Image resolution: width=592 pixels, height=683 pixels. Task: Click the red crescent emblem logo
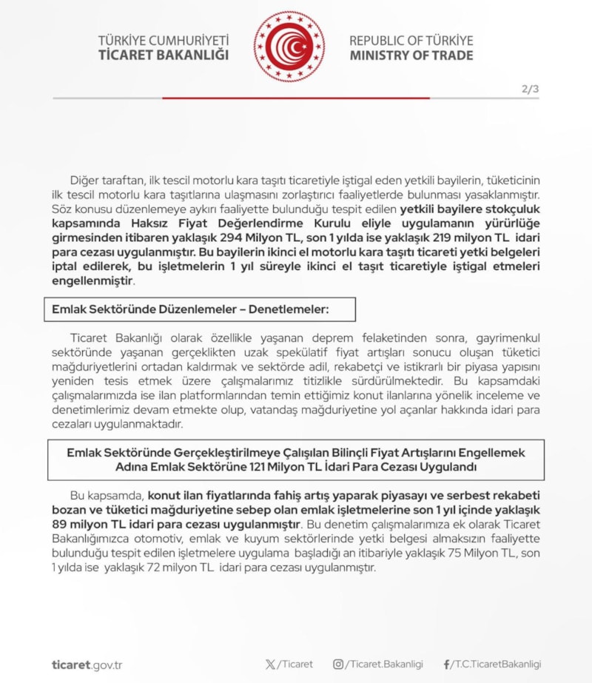click(x=289, y=47)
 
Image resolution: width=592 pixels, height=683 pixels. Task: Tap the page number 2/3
click(x=530, y=89)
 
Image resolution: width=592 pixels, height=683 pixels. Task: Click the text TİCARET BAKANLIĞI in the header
click(x=163, y=55)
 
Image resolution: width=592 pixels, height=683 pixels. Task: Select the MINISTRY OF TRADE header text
click(x=411, y=55)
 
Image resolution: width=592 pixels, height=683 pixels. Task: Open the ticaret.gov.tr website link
click(x=87, y=665)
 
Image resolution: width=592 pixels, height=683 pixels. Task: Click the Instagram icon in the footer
click(x=338, y=665)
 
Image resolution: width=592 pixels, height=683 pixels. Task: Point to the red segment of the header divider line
click(x=296, y=98)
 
